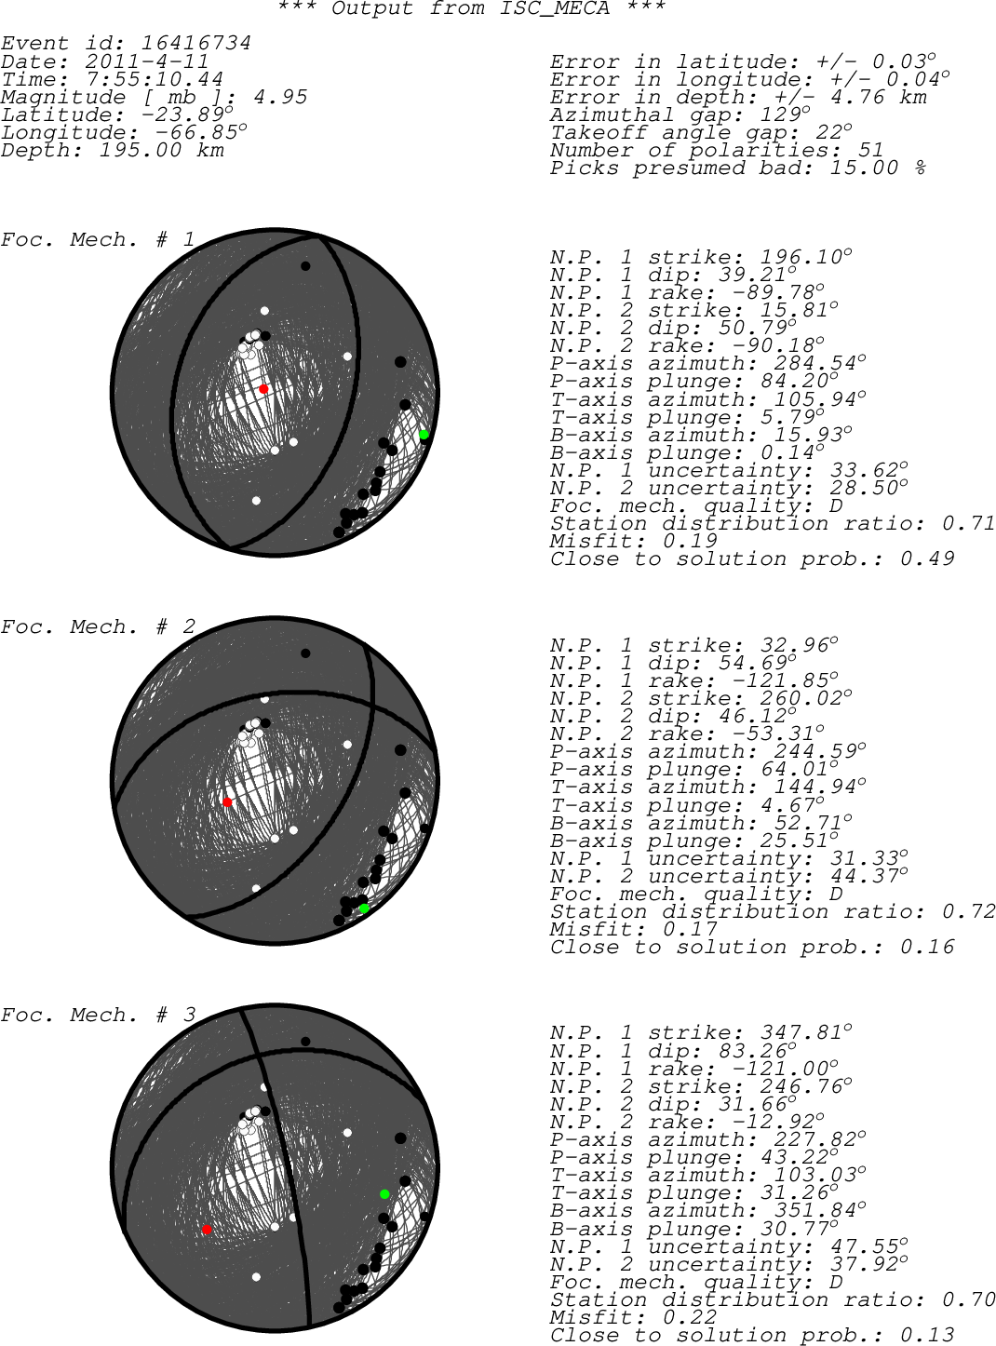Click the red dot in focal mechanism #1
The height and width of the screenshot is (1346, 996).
coord(263,388)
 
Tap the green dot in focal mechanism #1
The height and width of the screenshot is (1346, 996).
coord(424,435)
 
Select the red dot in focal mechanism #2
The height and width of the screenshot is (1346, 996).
coord(227,802)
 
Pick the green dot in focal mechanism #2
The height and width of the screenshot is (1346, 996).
coord(364,909)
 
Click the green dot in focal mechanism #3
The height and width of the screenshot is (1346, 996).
coord(384,1194)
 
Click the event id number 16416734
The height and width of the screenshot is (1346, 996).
coord(196,43)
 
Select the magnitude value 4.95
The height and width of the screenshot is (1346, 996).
coord(280,97)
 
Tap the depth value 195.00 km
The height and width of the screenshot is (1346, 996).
coord(161,150)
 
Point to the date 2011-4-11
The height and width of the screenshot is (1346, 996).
coord(146,61)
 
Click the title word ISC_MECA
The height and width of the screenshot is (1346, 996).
coord(554,8)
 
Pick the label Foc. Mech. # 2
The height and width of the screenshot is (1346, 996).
coord(98,626)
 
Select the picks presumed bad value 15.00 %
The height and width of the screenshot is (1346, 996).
coord(878,168)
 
